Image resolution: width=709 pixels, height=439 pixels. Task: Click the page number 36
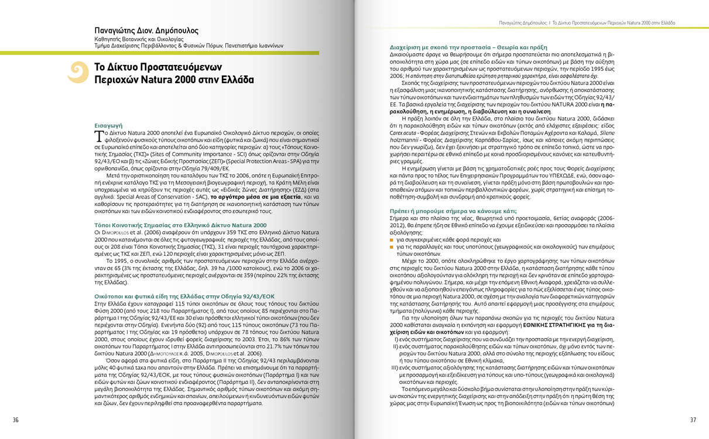(16, 419)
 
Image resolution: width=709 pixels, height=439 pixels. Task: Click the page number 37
(693, 419)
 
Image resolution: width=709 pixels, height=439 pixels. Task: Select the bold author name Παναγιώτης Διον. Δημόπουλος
(146, 30)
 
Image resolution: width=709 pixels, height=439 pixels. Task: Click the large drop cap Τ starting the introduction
(98, 136)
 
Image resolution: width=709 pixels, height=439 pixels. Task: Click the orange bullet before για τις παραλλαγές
(392, 247)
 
